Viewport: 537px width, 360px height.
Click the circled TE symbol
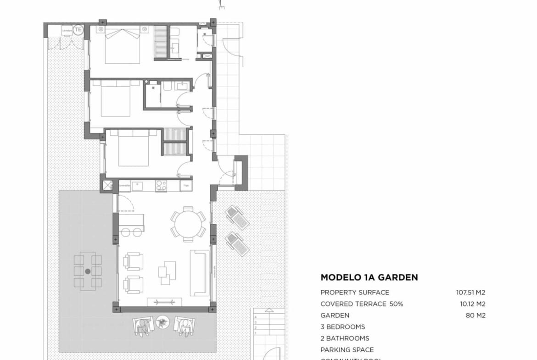point(78,30)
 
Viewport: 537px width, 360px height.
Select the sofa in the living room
point(200,272)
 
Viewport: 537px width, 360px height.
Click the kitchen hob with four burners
point(161,185)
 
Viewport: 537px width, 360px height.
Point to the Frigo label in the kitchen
point(186,185)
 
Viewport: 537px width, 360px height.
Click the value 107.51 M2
point(468,292)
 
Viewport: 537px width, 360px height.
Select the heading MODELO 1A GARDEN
point(369,277)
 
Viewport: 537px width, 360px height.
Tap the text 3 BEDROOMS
point(343,327)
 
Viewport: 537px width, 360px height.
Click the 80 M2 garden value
point(475,316)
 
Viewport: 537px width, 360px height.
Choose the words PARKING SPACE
point(347,350)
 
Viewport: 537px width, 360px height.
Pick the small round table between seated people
point(162,323)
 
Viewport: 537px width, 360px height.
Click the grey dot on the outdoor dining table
point(88,271)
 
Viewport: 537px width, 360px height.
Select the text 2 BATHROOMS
point(345,338)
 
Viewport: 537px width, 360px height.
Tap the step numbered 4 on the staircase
point(255,317)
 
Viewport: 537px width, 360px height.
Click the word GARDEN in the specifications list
point(335,316)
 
